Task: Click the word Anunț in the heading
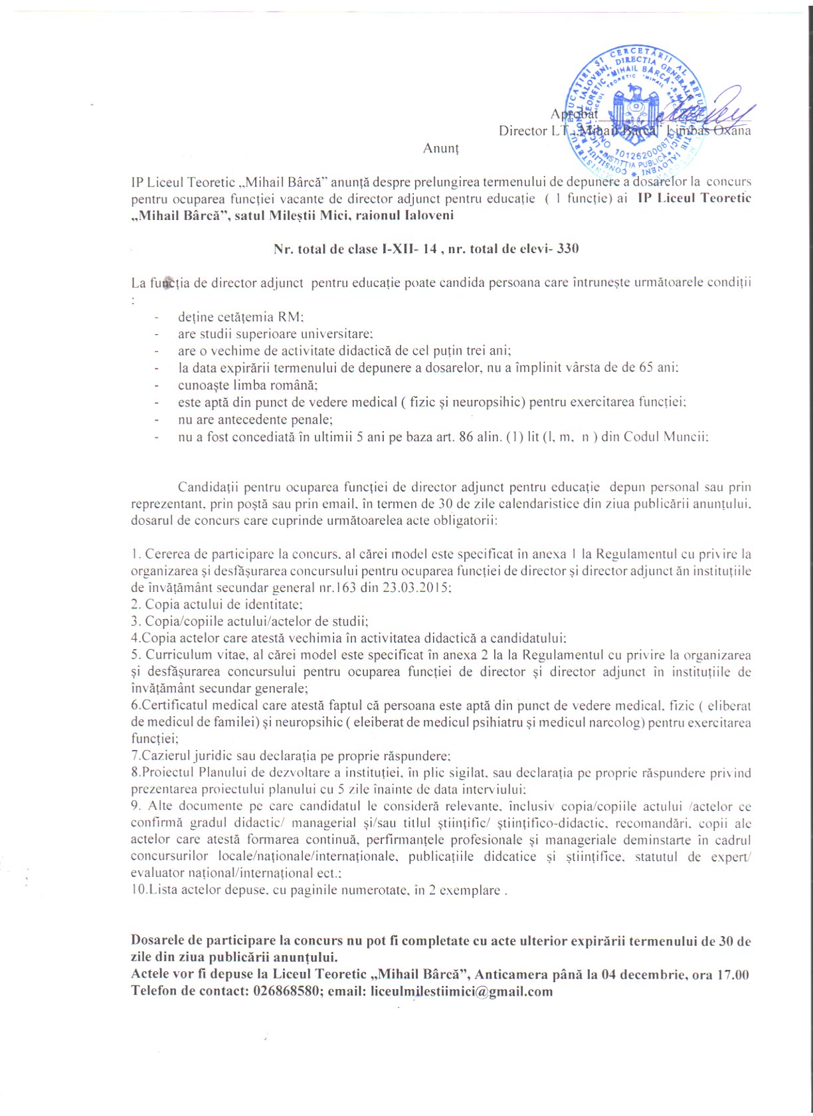[440, 148]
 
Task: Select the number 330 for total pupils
[568, 248]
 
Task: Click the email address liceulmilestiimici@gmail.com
[462, 992]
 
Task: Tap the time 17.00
[734, 975]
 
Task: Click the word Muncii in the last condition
[685, 437]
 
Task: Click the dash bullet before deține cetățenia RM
[157, 318]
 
